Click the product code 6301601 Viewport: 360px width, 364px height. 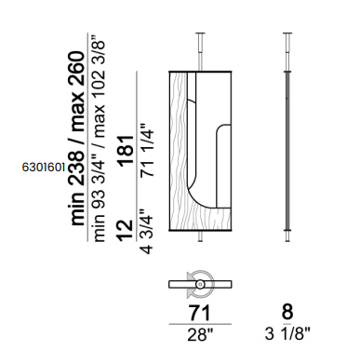click(44, 168)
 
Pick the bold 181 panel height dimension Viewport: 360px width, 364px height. click(127, 151)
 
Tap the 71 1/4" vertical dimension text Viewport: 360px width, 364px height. click(147, 151)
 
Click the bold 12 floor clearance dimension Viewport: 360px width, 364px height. click(126, 230)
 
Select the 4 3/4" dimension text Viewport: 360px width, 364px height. click(147, 232)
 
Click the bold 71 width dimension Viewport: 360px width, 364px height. click(200, 313)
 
